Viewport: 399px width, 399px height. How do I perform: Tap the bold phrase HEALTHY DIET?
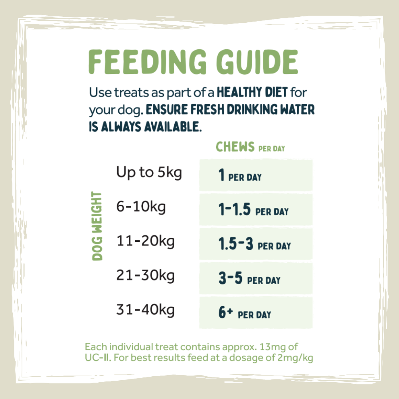[252, 93]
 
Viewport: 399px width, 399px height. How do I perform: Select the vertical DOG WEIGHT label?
[97, 226]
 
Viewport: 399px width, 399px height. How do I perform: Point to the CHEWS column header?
[235, 147]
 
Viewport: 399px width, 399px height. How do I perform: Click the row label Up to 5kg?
[149, 173]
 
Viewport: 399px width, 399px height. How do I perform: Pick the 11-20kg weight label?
[146, 241]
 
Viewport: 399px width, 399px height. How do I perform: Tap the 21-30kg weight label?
[146, 276]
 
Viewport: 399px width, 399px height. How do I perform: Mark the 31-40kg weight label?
[146, 310]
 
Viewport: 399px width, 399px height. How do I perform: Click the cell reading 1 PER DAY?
[256, 176]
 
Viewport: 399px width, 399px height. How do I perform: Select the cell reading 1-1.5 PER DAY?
[256, 210]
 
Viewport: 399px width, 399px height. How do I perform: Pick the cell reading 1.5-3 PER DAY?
[256, 245]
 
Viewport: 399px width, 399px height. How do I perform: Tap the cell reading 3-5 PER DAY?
[256, 279]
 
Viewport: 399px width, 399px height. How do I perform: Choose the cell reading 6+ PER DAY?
[256, 313]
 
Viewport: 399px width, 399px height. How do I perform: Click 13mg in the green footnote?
[269, 347]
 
